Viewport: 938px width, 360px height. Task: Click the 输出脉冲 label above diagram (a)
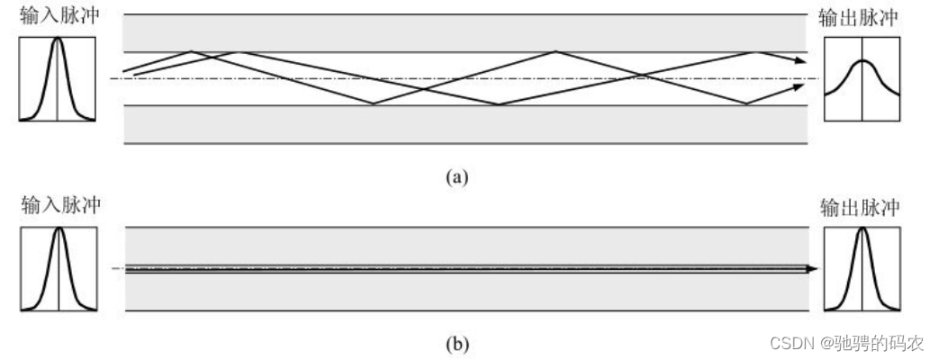tap(861, 17)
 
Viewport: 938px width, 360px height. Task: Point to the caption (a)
tap(458, 176)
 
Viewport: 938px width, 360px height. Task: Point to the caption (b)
tap(458, 342)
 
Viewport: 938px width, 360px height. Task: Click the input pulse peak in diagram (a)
tap(58, 39)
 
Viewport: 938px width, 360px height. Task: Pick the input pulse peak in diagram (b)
tap(59, 229)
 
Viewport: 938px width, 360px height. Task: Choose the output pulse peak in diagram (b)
tap(861, 229)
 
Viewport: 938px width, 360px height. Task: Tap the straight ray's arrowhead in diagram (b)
tap(813, 268)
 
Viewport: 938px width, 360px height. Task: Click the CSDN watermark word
tap(772, 342)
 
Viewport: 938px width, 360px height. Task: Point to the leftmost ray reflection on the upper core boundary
tap(191, 52)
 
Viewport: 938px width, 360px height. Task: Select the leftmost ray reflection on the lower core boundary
tap(373, 104)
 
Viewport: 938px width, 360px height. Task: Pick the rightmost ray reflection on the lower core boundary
tap(746, 104)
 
